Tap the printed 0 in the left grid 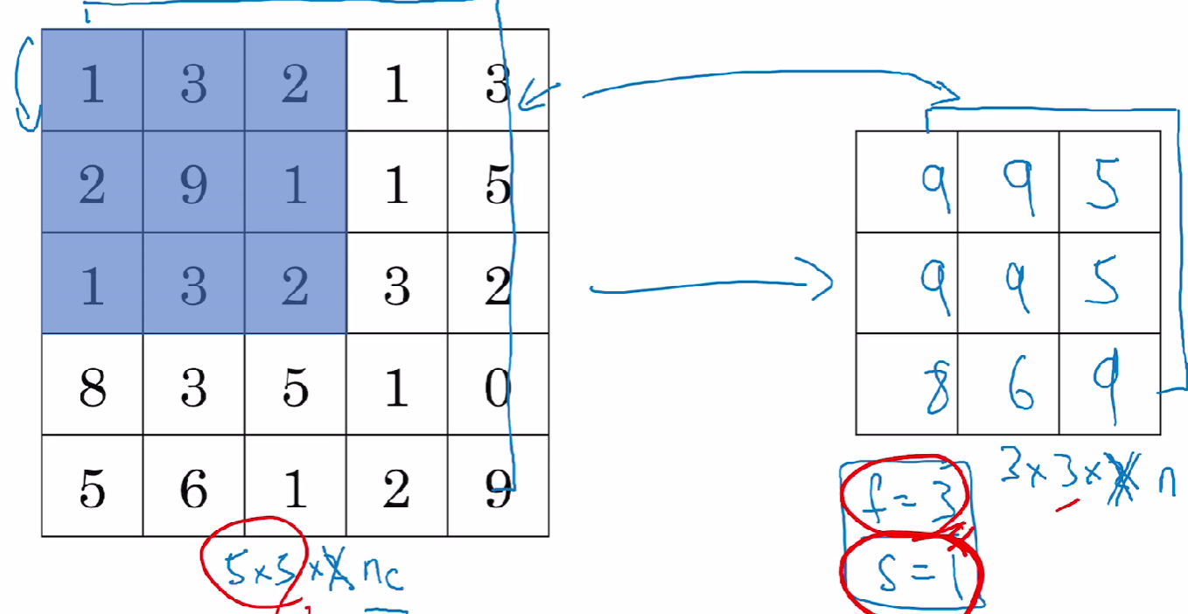click(x=498, y=387)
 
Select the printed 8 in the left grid click(x=92, y=387)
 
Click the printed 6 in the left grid click(x=193, y=489)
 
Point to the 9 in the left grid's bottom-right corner click(x=498, y=489)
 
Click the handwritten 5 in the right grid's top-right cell click(x=1103, y=184)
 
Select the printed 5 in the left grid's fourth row click(x=295, y=387)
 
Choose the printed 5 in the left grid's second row click(x=498, y=186)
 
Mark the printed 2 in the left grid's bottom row click(x=396, y=489)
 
